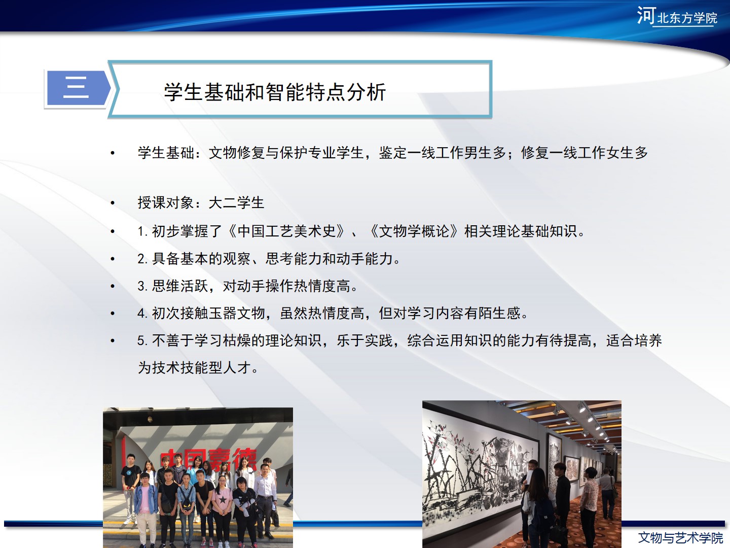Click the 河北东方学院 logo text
pyautogui.click(x=677, y=16)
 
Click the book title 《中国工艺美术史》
pyautogui.click(x=287, y=231)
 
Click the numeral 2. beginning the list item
pyautogui.click(x=142, y=259)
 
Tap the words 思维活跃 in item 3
pyautogui.click(x=180, y=286)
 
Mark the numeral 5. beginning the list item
pyautogui.click(x=142, y=340)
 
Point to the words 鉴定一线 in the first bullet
pyautogui.click(x=407, y=153)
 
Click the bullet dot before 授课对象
pyautogui.click(x=113, y=202)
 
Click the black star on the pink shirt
pyautogui.click(x=223, y=499)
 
